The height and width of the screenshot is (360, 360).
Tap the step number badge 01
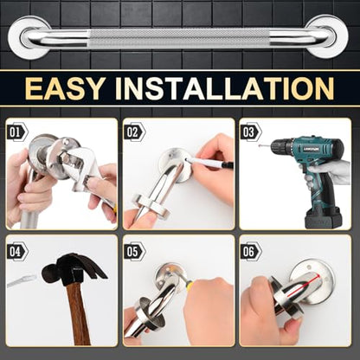tap(17, 132)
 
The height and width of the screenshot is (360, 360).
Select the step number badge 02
tap(134, 132)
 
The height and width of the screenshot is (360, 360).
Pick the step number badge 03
tap(251, 132)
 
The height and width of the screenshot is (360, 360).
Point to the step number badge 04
tap(17, 252)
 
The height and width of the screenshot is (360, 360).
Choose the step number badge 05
tap(134, 252)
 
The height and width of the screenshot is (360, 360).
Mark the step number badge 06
tap(251, 252)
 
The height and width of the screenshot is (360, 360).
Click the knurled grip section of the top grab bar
tap(179, 38)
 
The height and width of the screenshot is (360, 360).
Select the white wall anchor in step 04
tap(22, 280)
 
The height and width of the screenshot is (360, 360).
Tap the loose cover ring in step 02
tap(150, 207)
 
